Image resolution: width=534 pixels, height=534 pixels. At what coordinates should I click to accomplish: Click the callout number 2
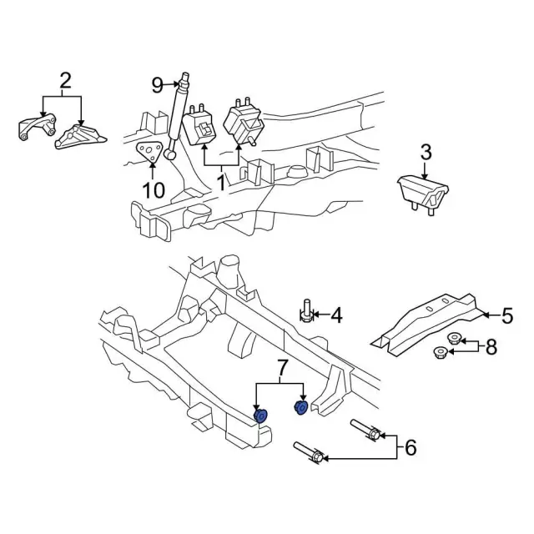click(x=65, y=81)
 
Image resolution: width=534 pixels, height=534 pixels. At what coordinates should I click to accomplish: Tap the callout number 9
click(x=156, y=83)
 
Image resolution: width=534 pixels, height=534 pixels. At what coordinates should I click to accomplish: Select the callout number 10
click(x=154, y=190)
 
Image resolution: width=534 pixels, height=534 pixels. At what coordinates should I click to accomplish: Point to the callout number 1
click(x=222, y=179)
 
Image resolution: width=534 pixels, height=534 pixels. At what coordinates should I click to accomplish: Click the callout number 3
click(x=426, y=152)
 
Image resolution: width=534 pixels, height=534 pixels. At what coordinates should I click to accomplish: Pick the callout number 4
click(x=336, y=315)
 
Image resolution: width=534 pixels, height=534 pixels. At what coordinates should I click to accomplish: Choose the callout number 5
click(x=506, y=315)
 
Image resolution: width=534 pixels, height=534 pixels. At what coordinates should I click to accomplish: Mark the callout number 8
click(x=491, y=346)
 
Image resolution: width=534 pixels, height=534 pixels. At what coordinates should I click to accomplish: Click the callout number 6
click(x=410, y=448)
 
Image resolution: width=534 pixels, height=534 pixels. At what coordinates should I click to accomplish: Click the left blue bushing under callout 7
click(x=259, y=416)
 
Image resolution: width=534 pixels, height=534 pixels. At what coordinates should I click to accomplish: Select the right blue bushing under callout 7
click(x=300, y=406)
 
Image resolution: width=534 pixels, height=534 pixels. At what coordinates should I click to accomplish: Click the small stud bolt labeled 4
click(x=307, y=312)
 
